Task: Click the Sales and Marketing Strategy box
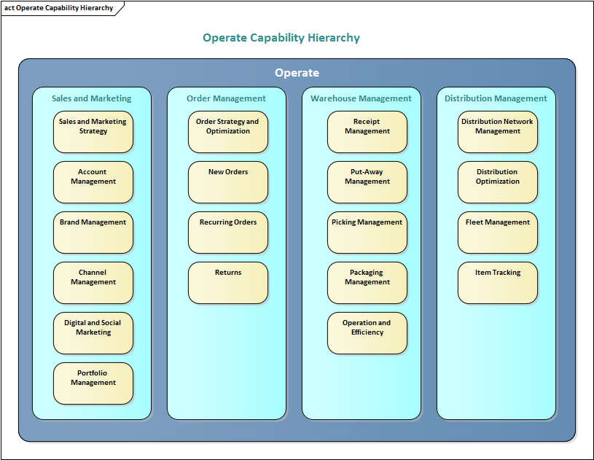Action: tap(93, 132)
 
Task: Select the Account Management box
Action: tap(93, 182)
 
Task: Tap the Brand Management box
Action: tap(93, 233)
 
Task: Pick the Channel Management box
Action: tap(93, 283)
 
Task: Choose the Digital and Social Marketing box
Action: tap(93, 333)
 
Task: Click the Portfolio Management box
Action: tap(93, 383)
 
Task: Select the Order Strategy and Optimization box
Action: tap(228, 132)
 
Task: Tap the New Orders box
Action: tap(228, 182)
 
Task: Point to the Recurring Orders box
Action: tap(228, 233)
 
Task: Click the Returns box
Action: tap(228, 283)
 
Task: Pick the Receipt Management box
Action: tap(367, 132)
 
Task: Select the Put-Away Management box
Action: tap(367, 182)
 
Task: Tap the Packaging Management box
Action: tap(367, 283)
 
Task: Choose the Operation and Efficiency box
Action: tap(367, 333)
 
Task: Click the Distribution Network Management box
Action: tap(498, 132)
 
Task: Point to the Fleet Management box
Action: tap(498, 233)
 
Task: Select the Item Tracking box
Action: tap(498, 283)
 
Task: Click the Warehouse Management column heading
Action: tap(362, 98)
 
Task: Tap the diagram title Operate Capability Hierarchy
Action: tap(281, 38)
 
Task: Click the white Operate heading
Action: tap(297, 73)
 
